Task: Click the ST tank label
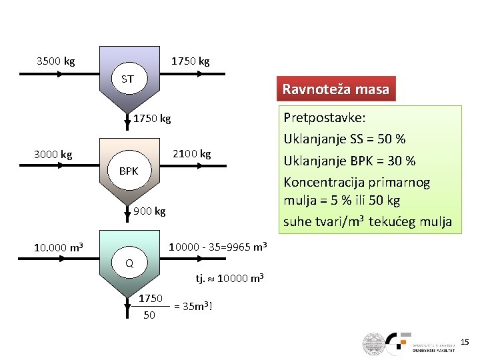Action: (x=127, y=79)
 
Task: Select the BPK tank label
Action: (x=129, y=171)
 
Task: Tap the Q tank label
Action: (x=129, y=263)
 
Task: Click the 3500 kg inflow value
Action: (x=56, y=61)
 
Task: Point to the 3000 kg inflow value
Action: (x=53, y=155)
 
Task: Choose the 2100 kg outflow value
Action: (x=191, y=154)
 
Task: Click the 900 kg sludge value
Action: (x=149, y=211)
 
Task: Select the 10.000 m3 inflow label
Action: (x=59, y=248)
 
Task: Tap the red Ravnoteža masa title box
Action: (x=335, y=89)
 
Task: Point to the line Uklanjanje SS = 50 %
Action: (x=345, y=139)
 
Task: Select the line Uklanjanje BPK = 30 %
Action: (x=349, y=161)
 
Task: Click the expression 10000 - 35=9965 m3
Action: (x=218, y=247)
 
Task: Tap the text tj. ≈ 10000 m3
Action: (x=229, y=278)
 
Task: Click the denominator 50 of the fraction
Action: (x=149, y=315)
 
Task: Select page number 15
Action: (x=464, y=342)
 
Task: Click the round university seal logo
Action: (x=373, y=343)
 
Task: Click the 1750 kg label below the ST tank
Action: (x=152, y=119)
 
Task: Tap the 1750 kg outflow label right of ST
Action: (x=190, y=61)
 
